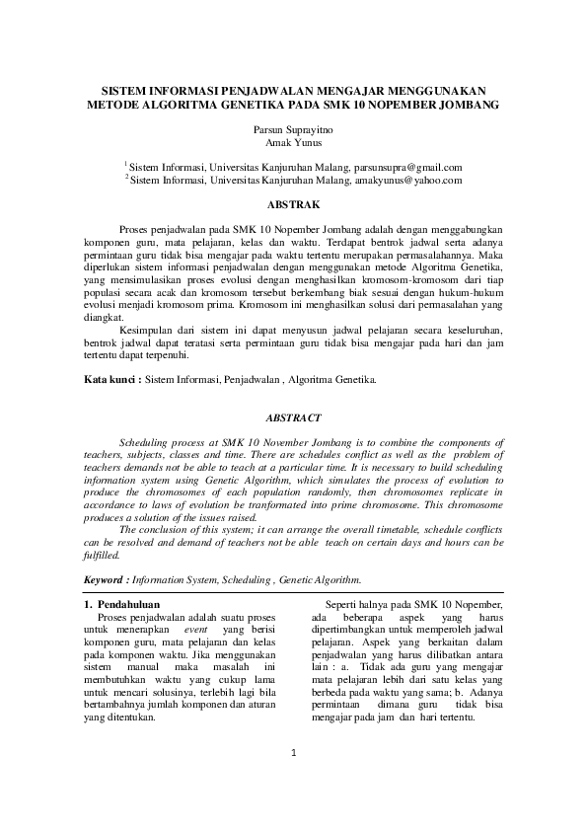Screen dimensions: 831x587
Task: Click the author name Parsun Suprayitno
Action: point(293,129)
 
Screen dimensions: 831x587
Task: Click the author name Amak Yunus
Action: point(293,143)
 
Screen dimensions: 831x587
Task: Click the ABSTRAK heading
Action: point(293,204)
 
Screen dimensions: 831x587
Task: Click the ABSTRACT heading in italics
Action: point(293,418)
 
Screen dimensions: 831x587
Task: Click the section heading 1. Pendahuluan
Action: point(122,603)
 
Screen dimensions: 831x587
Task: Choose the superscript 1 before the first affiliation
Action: point(126,165)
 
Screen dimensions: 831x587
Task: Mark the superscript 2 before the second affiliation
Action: point(126,178)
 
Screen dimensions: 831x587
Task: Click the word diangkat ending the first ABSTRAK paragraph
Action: point(105,318)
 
